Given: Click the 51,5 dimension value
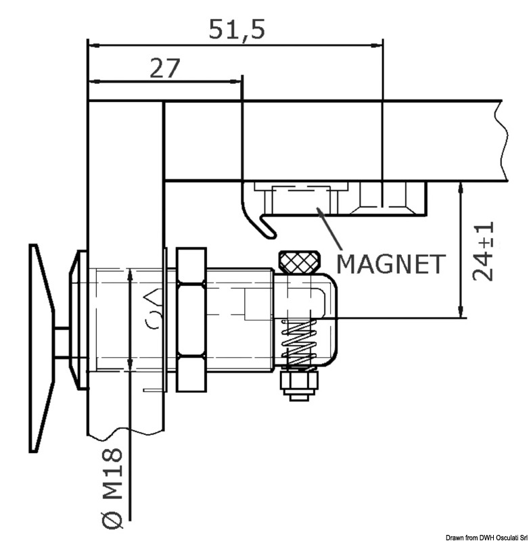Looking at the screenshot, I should pos(237,30).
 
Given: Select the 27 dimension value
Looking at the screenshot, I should pos(165,68).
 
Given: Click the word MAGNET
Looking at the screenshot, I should pos(391,263).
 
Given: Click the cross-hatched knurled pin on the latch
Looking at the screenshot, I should pos(298,262).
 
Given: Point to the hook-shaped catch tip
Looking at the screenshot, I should pos(267,230).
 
